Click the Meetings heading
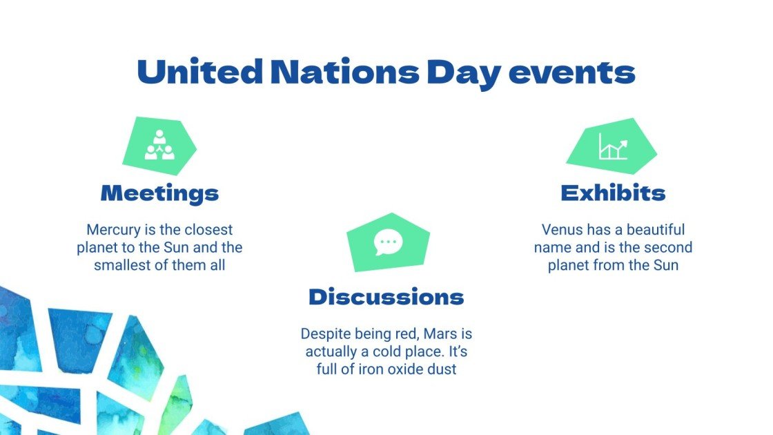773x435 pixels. click(159, 193)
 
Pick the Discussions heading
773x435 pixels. click(386, 297)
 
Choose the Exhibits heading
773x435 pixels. click(612, 193)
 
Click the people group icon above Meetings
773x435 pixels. click(159, 145)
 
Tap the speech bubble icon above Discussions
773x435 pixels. click(387, 242)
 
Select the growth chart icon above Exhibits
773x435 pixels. click(612, 146)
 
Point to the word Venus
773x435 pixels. click(560, 229)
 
